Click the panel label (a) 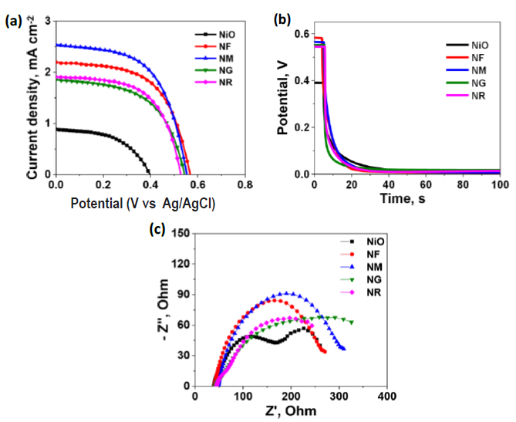(x=13, y=21)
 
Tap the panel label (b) (x=283, y=21)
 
